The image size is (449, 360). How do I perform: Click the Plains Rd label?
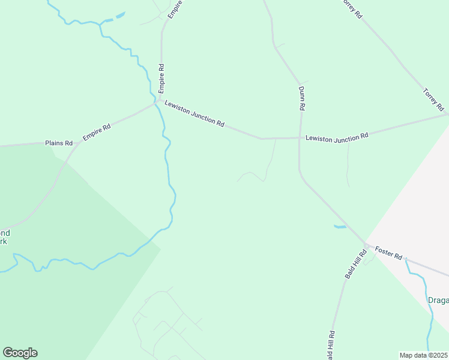(x=59, y=143)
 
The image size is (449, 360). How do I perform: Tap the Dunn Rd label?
(x=302, y=98)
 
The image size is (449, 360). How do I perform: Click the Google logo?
(x=20, y=353)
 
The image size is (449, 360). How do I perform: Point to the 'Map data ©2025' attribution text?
(x=424, y=355)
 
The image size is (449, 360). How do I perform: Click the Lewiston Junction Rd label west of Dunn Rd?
(x=194, y=113)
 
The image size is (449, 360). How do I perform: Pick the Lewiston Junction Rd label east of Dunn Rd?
(x=336, y=137)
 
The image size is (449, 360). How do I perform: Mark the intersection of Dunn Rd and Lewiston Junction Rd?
(x=299, y=138)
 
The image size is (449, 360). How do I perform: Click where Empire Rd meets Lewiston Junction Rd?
(x=157, y=103)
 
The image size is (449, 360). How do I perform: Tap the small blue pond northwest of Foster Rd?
(x=340, y=227)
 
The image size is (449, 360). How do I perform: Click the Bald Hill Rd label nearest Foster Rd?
(x=355, y=263)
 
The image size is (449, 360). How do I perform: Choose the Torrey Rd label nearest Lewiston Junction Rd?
(x=433, y=100)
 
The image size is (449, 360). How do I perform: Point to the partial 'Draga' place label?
(x=438, y=301)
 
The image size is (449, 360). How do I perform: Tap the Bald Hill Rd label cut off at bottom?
(x=331, y=345)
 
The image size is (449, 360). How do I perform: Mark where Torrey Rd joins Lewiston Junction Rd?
(x=447, y=113)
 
